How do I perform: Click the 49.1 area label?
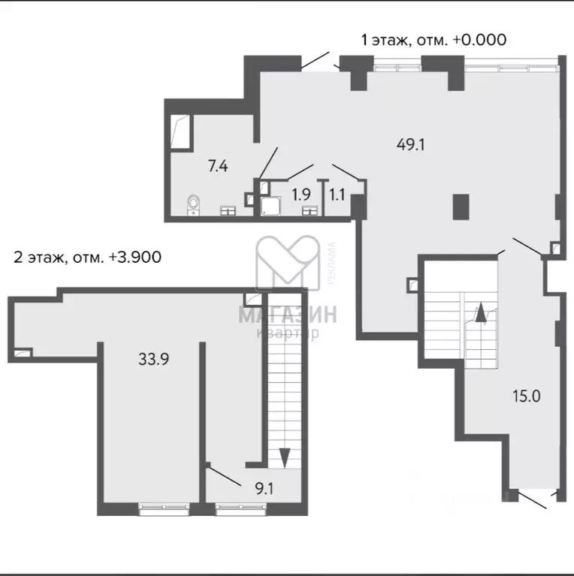coord(410,145)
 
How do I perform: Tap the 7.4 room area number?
coord(218,166)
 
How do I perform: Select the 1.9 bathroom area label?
coord(301,194)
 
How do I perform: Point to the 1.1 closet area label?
coord(337,194)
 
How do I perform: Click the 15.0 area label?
coord(525,396)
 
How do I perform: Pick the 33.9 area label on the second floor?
coord(153,359)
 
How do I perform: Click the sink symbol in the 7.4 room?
coord(227,211)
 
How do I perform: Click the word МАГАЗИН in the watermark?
coord(288,315)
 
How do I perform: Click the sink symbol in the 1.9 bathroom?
coord(309,211)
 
